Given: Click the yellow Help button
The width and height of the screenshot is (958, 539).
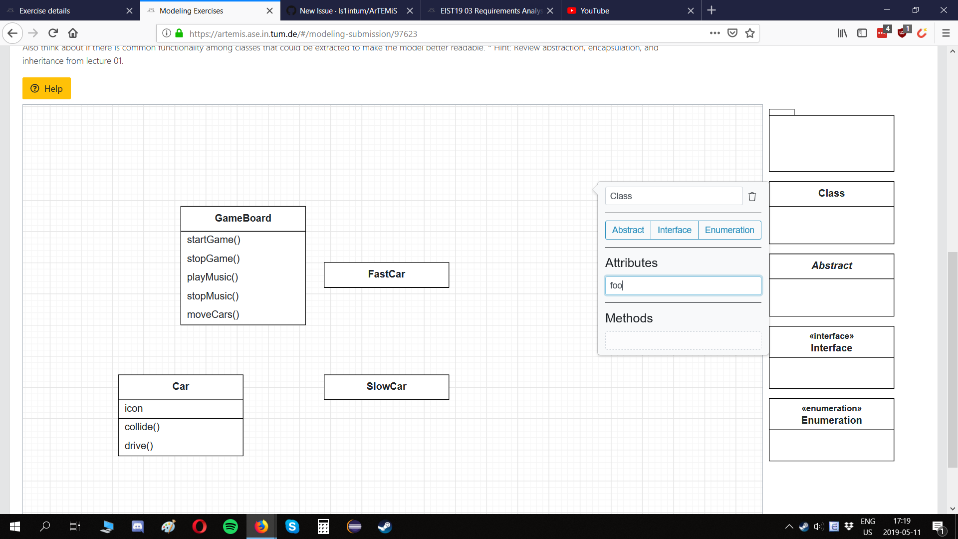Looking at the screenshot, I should coord(46,88).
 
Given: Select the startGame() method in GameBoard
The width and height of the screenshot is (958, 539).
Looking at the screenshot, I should coord(214,240).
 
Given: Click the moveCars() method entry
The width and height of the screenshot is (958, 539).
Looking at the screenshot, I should coord(213,314).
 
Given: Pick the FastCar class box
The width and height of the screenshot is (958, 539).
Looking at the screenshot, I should coord(386,274).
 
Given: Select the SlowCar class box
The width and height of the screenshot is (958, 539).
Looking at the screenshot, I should coord(386,387).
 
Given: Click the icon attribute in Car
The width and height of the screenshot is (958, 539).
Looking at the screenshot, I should coord(134,408).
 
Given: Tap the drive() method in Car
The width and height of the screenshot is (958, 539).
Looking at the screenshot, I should coord(139,446).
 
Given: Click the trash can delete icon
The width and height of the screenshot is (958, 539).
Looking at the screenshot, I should coord(752,197).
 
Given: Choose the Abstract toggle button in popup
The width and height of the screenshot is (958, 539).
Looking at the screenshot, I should coord(628,230).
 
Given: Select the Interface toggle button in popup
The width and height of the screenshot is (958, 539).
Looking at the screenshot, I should coord(674,230).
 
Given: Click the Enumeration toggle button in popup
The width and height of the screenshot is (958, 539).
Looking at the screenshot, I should coord(729,230).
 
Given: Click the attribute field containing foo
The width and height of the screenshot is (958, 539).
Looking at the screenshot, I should coord(683,285).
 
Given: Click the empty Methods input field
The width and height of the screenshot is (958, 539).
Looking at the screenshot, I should coord(683,341).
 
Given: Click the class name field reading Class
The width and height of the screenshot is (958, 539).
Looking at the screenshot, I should coord(674,196).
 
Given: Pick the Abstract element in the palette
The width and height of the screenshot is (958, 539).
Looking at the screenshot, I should coord(831,284).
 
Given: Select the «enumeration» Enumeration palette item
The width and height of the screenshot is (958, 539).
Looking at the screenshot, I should coord(831,429).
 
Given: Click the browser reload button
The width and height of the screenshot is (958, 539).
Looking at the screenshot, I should coord(53,33).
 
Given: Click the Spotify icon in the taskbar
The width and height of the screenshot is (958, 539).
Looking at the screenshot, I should coord(230,527).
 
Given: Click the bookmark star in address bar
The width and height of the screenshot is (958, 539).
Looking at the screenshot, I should coord(749,33).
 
